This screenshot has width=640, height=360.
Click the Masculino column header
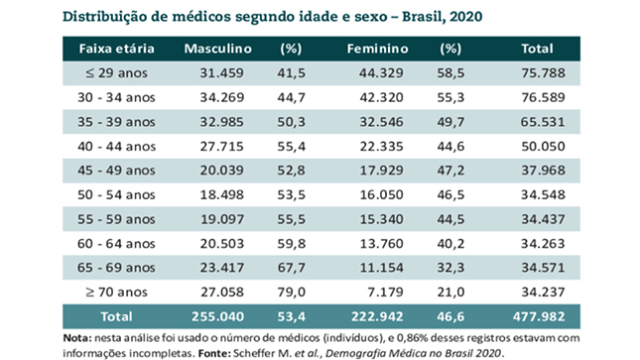pos(218,49)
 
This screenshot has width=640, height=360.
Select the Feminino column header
pos(378,49)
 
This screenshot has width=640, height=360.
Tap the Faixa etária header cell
pos(117,49)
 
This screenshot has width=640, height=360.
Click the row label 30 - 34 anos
pos(116,97)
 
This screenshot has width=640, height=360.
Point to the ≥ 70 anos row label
pos(116,293)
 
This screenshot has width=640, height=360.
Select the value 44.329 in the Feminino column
pos(381,73)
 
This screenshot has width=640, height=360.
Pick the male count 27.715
pos(221,146)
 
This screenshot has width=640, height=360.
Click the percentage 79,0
pos(292,293)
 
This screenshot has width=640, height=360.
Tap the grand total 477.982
pos(539,316)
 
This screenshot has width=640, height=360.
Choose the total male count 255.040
pos(218,316)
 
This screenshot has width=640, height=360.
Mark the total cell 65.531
pos(543,122)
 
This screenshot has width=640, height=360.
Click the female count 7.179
pos(385,293)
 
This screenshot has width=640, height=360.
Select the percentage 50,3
pos(292,122)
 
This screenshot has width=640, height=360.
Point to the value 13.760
pos(381,244)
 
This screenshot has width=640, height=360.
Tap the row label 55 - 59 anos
pos(116,219)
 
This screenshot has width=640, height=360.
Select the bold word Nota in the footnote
pos(77,338)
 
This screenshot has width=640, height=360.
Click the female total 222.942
pos(378,316)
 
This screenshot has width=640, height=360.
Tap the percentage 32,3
pos(450,268)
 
